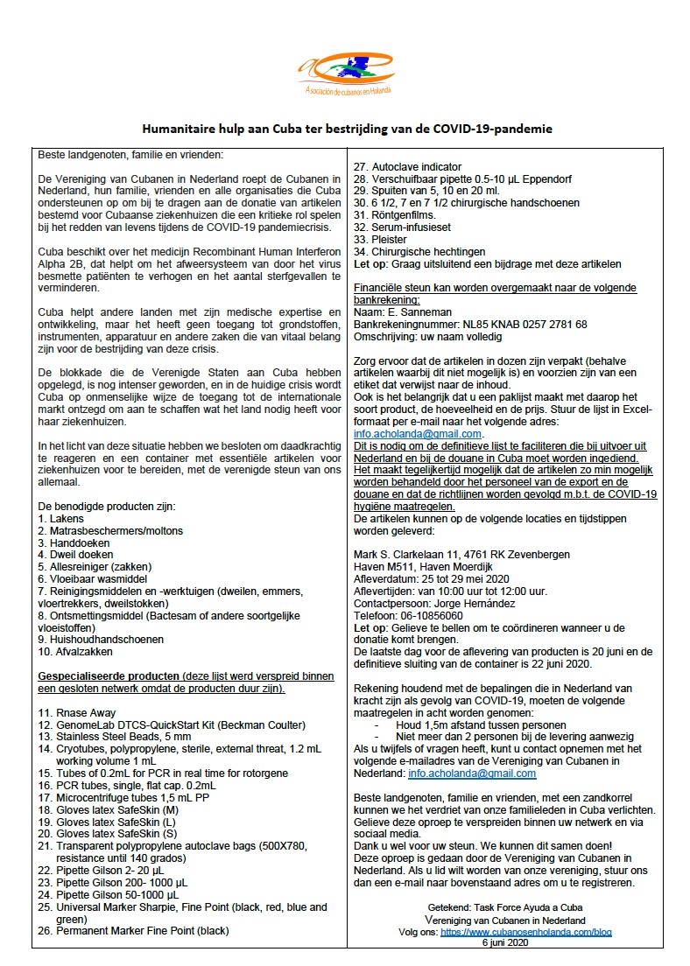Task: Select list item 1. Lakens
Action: [61, 519]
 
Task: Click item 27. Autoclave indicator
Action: [406, 167]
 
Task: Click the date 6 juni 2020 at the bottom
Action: [505, 944]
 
